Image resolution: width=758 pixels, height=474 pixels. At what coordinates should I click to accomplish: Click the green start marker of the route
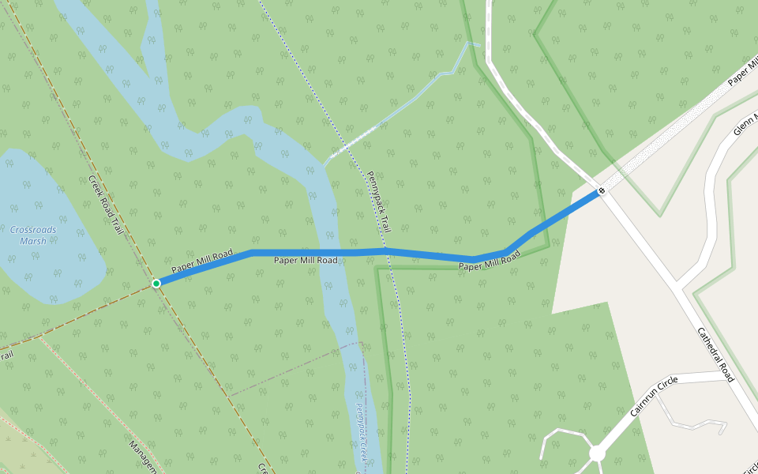point(156,283)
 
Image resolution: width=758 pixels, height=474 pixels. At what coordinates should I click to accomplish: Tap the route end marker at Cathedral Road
point(602,190)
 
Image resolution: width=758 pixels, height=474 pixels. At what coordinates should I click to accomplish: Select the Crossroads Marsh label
point(33,235)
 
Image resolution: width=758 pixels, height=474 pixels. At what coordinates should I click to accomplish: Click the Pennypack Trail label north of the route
point(378,201)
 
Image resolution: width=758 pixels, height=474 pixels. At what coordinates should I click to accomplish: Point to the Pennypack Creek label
point(361,434)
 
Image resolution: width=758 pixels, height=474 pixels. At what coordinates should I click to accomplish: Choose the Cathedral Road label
point(716,355)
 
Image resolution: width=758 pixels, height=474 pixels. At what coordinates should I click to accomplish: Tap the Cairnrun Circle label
point(655,397)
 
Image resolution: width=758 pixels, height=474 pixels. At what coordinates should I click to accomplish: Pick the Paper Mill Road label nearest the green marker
point(202,261)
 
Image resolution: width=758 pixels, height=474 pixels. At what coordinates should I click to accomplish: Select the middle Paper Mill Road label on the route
point(306,260)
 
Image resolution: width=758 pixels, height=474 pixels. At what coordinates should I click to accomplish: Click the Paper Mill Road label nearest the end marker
point(490,261)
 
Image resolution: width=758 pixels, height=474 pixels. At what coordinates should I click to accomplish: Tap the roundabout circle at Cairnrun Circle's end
point(597,453)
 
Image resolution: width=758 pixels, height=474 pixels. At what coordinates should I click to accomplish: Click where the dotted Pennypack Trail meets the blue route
point(387,251)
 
